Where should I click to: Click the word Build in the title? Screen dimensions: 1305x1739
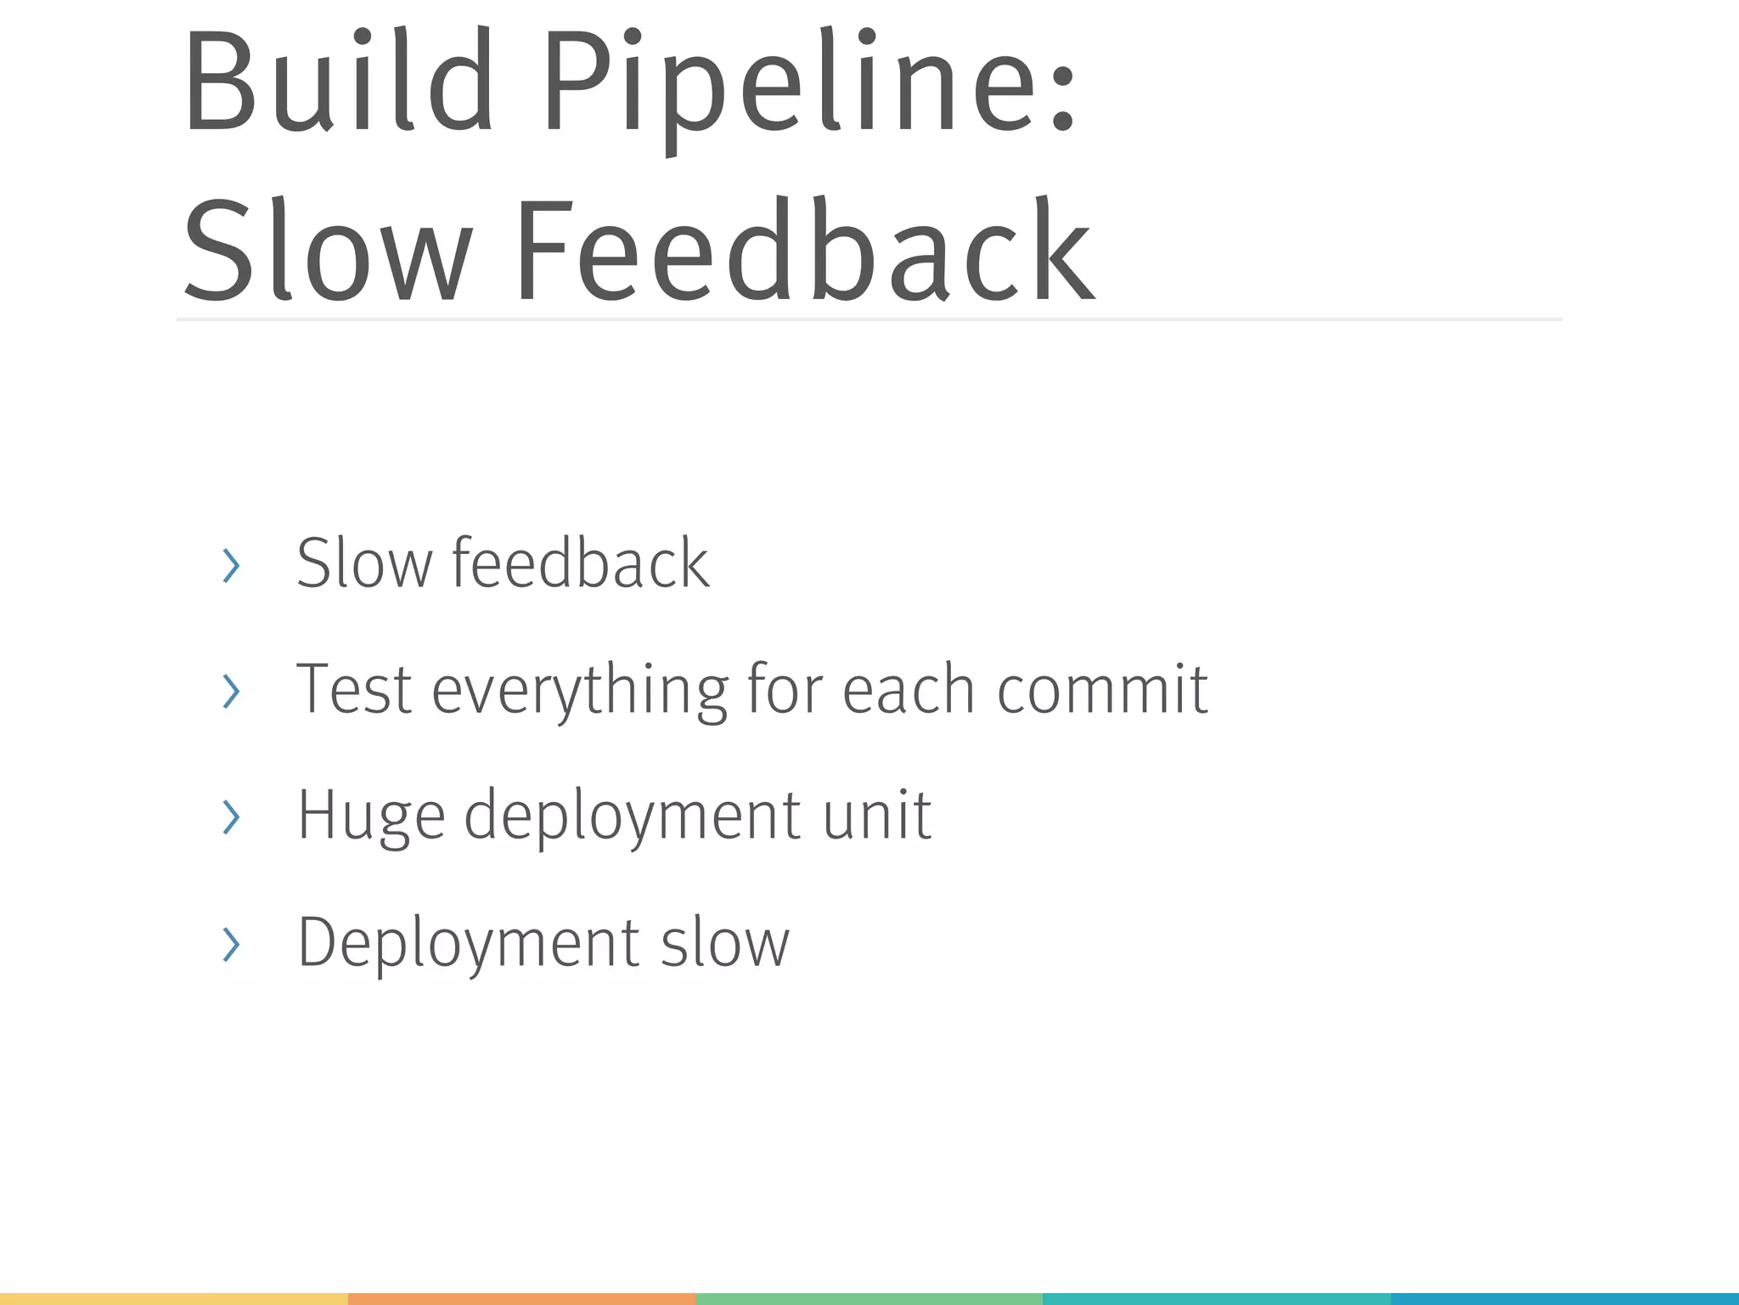pyautogui.click(x=340, y=83)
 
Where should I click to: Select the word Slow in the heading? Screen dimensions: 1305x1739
pyautogui.click(x=327, y=251)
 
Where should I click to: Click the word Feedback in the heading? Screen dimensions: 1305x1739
pyautogui.click(x=805, y=251)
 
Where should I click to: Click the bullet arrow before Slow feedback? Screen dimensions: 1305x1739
pyautogui.click(x=231, y=566)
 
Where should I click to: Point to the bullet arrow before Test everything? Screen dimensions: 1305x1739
pyautogui.click(x=231, y=691)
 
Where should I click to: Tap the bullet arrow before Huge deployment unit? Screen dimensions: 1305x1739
pyautogui.click(x=231, y=816)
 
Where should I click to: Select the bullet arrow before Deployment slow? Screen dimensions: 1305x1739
pyautogui.click(x=231, y=944)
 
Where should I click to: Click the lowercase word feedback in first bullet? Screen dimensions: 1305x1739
pyautogui.click(x=581, y=563)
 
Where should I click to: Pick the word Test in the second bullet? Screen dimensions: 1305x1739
pyautogui.click(x=354, y=689)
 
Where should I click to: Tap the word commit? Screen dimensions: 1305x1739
pyautogui.click(x=1102, y=689)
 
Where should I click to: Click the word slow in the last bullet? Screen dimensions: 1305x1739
pyautogui.click(x=725, y=943)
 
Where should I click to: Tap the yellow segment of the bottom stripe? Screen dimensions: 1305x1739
pyautogui.click(x=174, y=1299)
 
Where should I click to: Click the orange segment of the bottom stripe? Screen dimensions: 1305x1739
pyautogui.click(x=521, y=1299)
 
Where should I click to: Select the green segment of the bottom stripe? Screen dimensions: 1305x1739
pyautogui.click(x=869, y=1299)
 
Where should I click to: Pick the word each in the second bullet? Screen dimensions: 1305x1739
pyautogui.click(x=909, y=689)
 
